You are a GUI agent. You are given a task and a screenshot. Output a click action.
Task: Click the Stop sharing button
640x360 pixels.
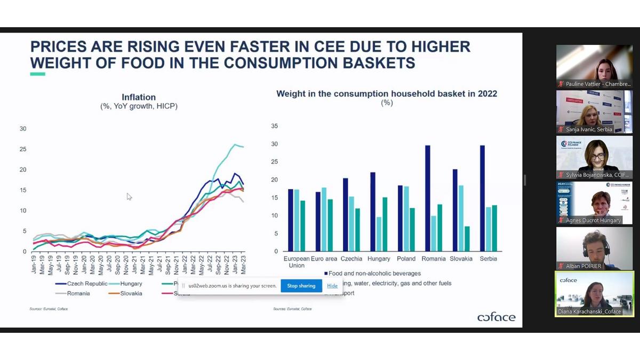pyautogui.click(x=301, y=286)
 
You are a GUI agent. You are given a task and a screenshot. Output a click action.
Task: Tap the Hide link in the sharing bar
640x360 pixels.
pyautogui.click(x=332, y=286)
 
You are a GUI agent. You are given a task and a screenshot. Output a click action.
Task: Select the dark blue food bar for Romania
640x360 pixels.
pyautogui.click(x=428, y=198)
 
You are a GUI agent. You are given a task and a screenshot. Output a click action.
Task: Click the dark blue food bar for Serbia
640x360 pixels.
pyautogui.click(x=482, y=198)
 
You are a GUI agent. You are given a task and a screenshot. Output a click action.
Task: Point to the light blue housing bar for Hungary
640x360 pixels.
pyautogui.click(x=379, y=234)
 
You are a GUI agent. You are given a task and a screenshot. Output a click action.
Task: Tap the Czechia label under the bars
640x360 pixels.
pyautogui.click(x=352, y=259)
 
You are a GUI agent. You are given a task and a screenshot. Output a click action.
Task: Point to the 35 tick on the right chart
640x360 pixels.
pyautogui.click(x=275, y=126)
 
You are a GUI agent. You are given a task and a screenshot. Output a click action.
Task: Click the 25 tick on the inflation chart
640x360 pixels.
pyautogui.click(x=22, y=149)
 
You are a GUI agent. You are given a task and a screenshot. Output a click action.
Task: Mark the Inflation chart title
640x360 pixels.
pyautogui.click(x=139, y=98)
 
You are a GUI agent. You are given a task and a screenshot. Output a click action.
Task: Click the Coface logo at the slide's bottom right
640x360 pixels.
pyautogui.click(x=496, y=317)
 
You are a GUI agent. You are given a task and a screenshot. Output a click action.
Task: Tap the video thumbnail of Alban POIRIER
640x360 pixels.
pyautogui.click(x=595, y=249)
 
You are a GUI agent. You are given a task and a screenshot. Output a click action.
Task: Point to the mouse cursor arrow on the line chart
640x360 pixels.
pyautogui.click(x=129, y=196)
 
